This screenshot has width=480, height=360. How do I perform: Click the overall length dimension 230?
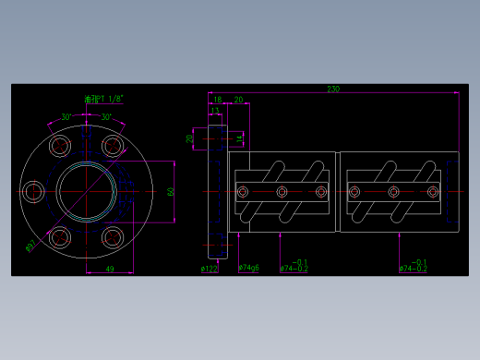[333, 90]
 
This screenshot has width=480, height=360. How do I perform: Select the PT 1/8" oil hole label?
[103, 99]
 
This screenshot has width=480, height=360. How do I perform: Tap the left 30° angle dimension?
[66, 117]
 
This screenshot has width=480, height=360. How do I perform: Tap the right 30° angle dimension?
[106, 117]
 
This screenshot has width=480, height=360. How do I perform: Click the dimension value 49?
[109, 269]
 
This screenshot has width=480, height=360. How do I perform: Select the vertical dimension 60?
[171, 192]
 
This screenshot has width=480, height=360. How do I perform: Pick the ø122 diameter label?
[209, 269]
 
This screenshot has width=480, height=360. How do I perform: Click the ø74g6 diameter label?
[248, 269]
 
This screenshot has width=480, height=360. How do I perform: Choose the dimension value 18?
[218, 99]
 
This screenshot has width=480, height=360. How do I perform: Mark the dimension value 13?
[215, 110]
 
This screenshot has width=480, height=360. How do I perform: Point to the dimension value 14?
[238, 138]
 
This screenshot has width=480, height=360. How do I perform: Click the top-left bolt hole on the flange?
[61, 146]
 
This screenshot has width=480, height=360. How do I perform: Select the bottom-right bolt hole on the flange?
[113, 238]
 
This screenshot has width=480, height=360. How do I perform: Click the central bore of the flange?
[87, 192]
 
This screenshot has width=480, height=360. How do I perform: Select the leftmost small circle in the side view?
[243, 192]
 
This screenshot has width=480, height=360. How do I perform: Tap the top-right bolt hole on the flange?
[113, 146]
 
